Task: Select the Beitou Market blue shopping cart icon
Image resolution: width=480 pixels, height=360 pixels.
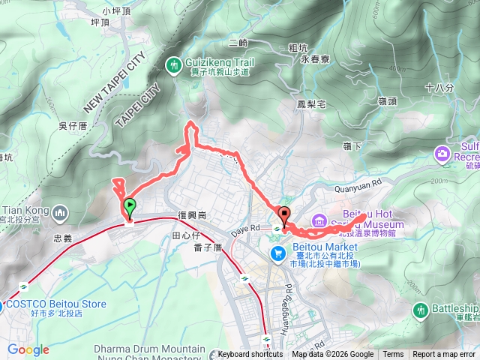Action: tap(278, 254)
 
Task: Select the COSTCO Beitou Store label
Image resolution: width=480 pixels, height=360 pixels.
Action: tap(56, 304)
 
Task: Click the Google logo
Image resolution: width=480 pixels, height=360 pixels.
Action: tap(28, 349)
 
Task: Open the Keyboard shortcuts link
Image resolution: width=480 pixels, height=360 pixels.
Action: tap(250, 355)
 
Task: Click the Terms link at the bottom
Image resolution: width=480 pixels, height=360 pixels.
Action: tap(393, 355)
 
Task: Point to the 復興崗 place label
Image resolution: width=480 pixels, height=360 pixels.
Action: tap(192, 216)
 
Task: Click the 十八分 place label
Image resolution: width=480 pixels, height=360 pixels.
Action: tap(439, 88)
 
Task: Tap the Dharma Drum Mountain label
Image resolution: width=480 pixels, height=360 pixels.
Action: tap(150, 349)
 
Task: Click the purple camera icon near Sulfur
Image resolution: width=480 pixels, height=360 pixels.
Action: tap(442, 154)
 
